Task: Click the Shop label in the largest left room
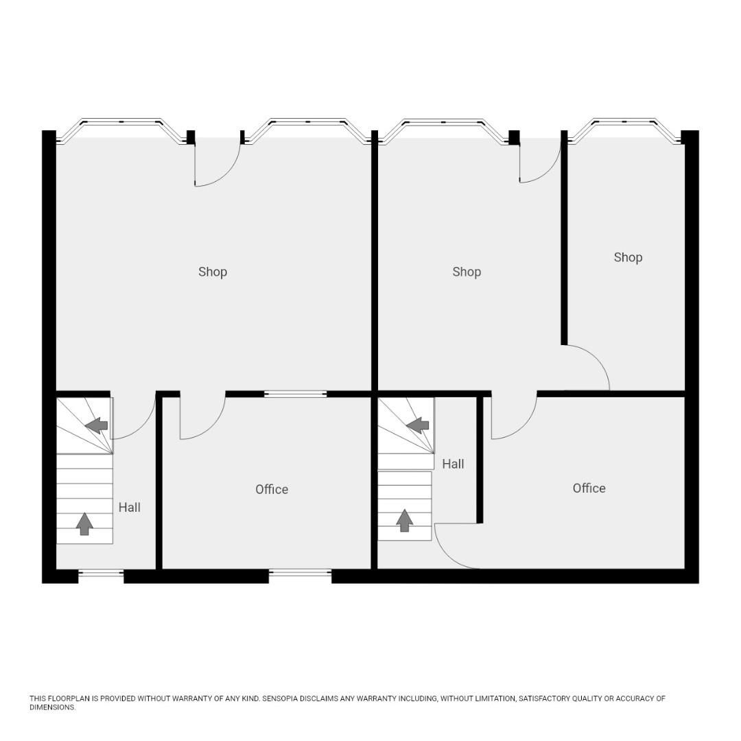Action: pos(213,272)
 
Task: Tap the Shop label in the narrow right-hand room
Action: pos(628,257)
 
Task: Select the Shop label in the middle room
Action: pos(467,272)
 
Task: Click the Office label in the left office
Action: pos(272,489)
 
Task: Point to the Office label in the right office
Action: pos(589,488)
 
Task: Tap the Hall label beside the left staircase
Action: pos(129,507)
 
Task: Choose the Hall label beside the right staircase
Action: pos(453,464)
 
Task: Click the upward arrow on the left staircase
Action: pos(84,524)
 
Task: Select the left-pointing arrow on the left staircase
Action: pos(97,426)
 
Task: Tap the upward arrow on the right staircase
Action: pos(405,520)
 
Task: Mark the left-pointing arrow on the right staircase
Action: pos(418,426)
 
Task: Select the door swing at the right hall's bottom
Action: pos(455,547)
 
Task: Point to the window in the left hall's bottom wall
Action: pos(101,572)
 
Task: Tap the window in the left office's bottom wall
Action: pos(300,572)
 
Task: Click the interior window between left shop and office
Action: pos(295,394)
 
